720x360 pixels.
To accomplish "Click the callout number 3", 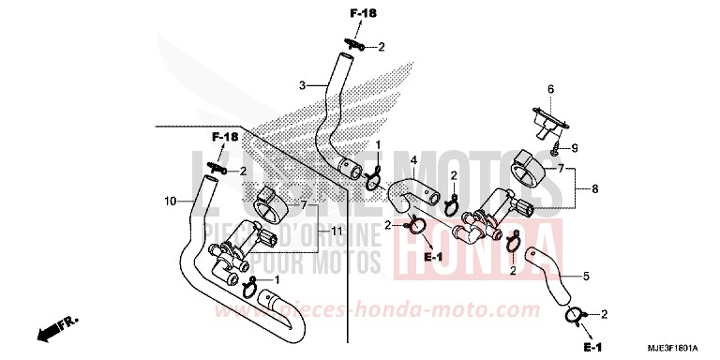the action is click(x=303, y=86).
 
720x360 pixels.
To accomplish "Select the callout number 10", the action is click(x=170, y=201).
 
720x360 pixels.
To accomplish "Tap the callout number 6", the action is click(x=550, y=89).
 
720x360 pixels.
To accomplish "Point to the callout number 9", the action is click(x=575, y=147).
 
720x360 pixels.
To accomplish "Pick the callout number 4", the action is click(x=413, y=161).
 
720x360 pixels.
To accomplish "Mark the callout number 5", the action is click(x=586, y=276).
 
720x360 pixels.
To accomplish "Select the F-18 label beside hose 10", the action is click(x=224, y=138).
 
